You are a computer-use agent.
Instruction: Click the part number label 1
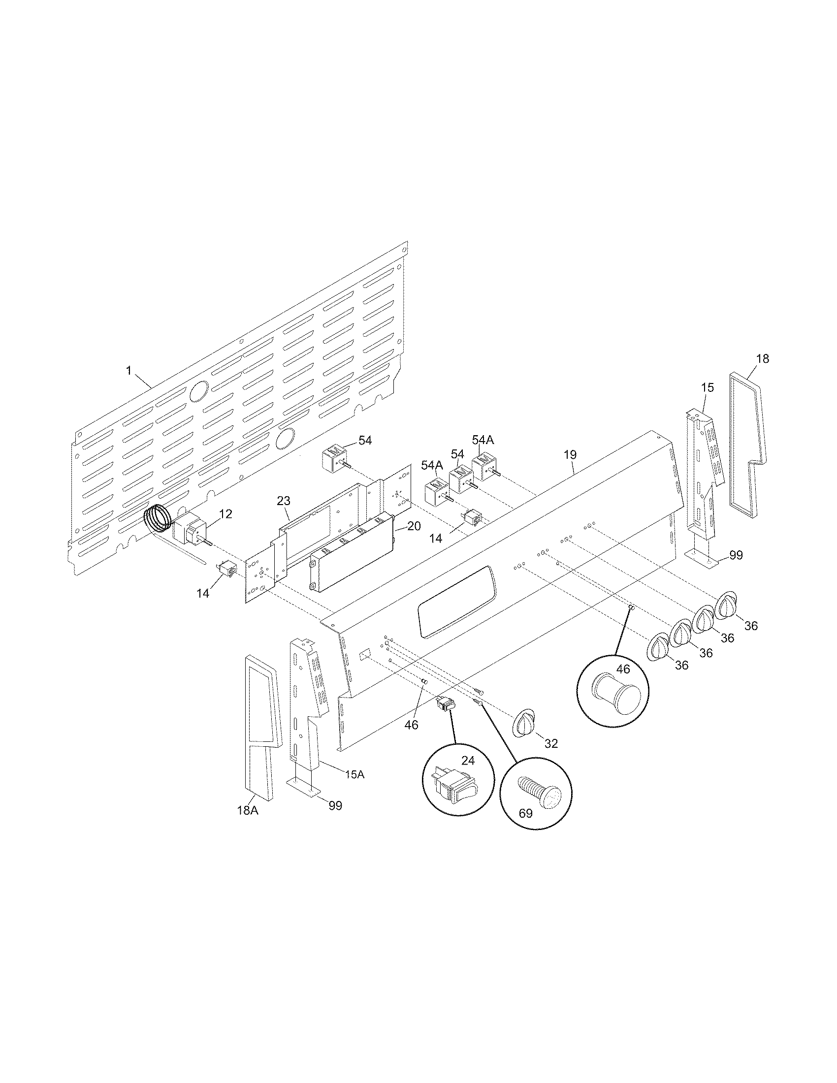tap(129, 370)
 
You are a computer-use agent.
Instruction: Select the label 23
tap(283, 501)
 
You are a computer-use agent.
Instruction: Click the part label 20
tap(414, 526)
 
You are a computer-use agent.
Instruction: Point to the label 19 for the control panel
tap(570, 454)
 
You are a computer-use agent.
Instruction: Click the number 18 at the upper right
tap(763, 358)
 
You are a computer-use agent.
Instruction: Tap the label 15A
tap(354, 774)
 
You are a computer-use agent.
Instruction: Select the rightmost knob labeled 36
tap(726, 605)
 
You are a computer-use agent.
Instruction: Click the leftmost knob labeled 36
tap(659, 647)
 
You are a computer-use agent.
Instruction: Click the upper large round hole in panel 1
tap(199, 391)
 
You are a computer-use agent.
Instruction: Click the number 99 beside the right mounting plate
tap(736, 555)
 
